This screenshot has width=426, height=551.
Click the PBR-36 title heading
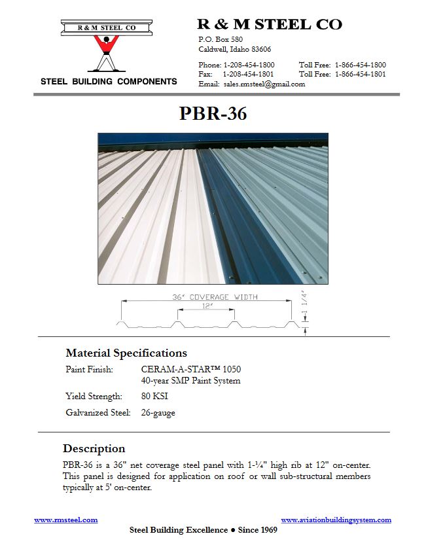213,114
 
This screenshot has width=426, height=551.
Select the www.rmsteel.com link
66,520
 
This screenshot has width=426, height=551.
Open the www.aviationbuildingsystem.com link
336,520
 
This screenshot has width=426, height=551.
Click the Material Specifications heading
126,353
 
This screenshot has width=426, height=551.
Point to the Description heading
94,449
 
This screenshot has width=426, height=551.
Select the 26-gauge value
158,413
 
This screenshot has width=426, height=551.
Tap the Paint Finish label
90,370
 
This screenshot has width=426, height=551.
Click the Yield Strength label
94,396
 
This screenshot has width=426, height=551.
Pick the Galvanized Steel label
98,413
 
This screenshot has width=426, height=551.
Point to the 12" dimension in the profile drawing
207,306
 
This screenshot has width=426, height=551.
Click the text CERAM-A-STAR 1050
190,370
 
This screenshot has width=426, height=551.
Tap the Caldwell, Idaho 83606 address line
234,49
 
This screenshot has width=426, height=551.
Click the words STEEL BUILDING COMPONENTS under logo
109,82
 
